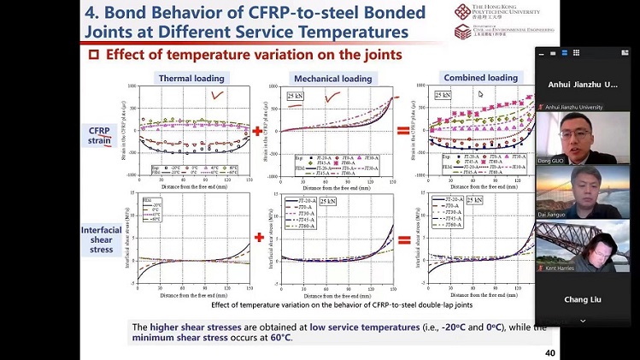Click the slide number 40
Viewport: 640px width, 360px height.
click(x=526, y=353)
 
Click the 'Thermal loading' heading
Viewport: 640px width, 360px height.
click(x=191, y=79)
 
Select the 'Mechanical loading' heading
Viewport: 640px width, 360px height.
click(x=332, y=79)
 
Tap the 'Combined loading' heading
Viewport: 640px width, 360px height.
click(x=479, y=78)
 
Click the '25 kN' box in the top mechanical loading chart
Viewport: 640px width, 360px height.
click(x=296, y=96)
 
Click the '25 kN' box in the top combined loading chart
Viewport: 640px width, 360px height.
click(x=443, y=95)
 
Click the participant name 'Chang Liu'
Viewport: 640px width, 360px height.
click(x=583, y=299)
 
